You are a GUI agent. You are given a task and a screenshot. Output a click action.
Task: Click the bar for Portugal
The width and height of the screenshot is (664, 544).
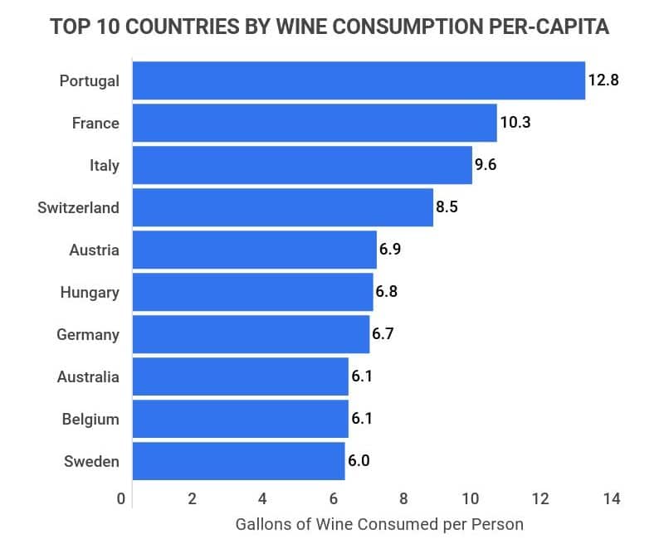[359, 80]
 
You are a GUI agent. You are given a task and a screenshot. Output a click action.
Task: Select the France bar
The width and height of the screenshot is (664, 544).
[315, 123]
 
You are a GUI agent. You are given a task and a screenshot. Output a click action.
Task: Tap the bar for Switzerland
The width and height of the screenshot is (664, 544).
[282, 207]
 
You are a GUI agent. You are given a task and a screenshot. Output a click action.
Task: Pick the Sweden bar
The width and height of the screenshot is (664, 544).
[238, 461]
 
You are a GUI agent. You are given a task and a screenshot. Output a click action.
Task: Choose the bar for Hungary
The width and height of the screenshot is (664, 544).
[252, 292]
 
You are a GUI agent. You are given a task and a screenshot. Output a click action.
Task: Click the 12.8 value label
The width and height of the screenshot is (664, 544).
[603, 80]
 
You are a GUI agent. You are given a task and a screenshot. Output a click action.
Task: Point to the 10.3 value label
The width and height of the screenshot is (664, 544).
[515, 123]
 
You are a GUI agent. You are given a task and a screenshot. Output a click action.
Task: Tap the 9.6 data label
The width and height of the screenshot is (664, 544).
[485, 165]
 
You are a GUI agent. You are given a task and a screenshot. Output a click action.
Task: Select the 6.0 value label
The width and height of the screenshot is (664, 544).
[359, 461]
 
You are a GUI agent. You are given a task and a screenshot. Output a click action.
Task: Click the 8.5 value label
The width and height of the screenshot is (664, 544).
[447, 207]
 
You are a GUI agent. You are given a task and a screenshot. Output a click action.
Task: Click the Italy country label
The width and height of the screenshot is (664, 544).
[105, 165]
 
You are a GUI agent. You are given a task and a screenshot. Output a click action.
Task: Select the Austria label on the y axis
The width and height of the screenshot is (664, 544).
[95, 250]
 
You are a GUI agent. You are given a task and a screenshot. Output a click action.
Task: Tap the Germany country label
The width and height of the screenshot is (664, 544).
[88, 335]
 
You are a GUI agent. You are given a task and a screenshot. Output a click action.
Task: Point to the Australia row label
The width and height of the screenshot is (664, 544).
[88, 377]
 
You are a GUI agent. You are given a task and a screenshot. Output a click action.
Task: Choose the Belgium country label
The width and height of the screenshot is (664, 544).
[90, 420]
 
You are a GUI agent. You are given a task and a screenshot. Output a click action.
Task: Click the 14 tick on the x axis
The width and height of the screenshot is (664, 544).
[612, 499]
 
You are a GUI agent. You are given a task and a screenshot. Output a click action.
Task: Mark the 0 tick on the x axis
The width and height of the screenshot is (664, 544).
[121, 499]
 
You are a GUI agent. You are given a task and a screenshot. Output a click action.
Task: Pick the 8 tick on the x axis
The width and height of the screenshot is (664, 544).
[403, 499]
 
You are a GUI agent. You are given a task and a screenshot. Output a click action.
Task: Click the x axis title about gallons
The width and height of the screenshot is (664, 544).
[380, 525]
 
